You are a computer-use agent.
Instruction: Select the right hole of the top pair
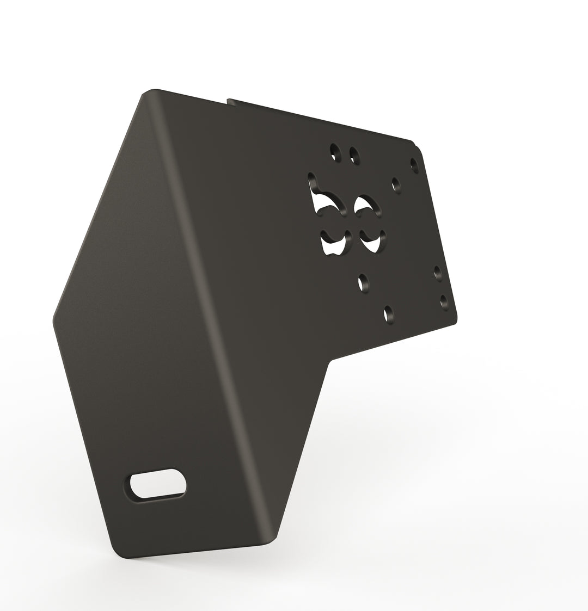(x=354, y=155)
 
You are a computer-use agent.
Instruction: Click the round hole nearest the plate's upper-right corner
(x=414, y=164)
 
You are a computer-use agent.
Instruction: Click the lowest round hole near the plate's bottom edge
(x=389, y=314)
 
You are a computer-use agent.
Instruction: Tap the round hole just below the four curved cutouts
(x=363, y=282)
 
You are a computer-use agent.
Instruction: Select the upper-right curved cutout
(x=365, y=206)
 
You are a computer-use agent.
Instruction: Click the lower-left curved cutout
(x=334, y=242)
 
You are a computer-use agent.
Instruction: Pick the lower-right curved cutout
(x=373, y=240)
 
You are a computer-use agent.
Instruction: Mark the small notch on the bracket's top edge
(x=229, y=100)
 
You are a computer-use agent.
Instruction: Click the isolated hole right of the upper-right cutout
(x=396, y=184)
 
